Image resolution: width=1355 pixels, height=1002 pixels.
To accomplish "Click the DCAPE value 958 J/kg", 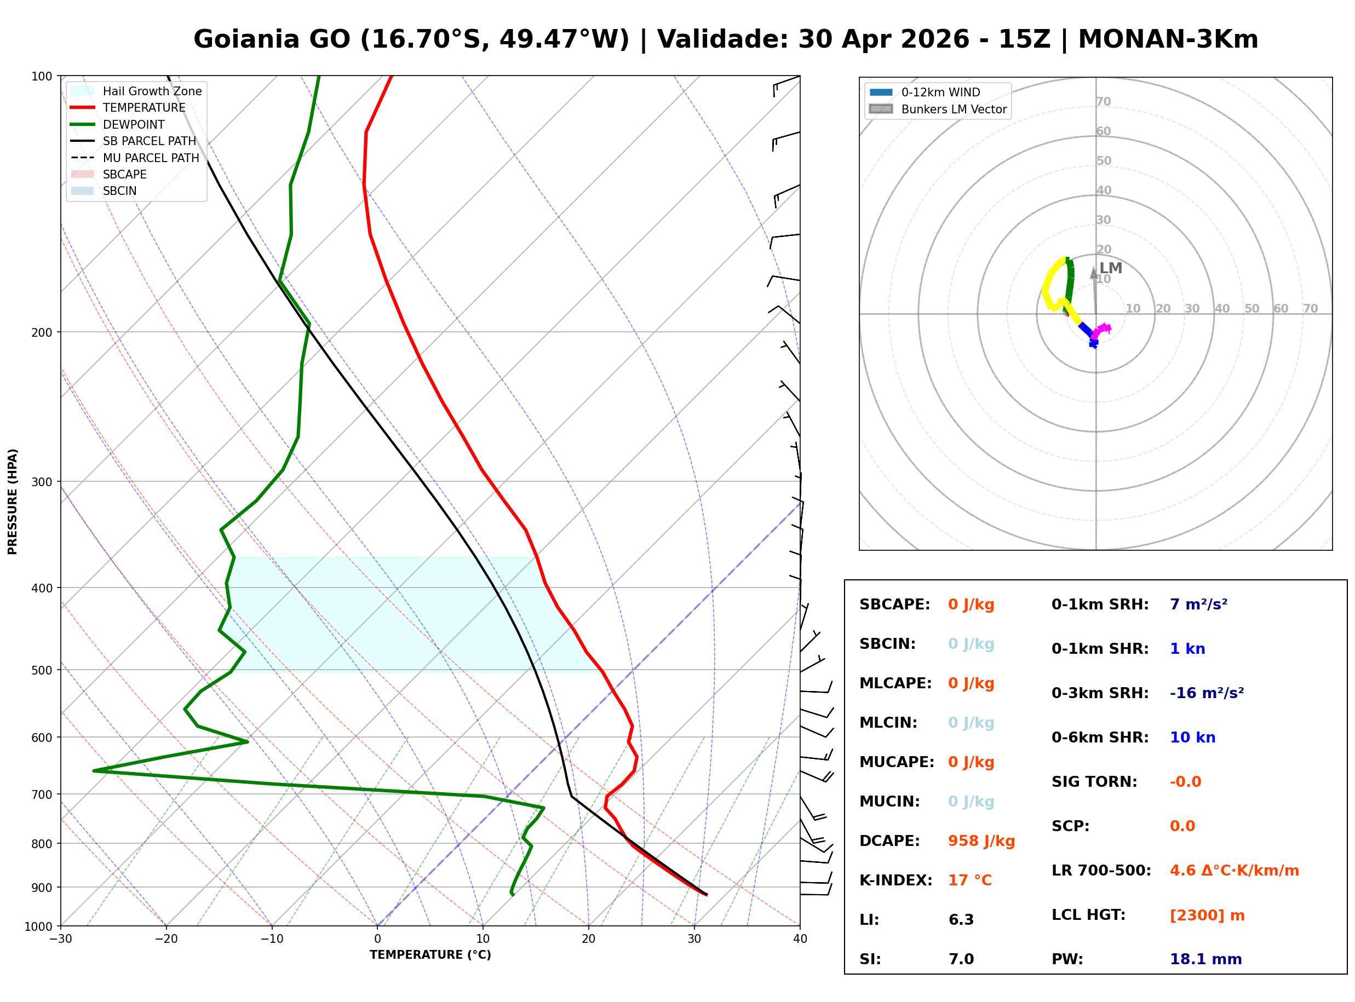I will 981,840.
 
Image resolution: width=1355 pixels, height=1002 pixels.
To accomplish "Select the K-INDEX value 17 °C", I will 969,880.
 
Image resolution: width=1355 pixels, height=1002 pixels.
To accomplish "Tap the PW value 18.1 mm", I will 1205,959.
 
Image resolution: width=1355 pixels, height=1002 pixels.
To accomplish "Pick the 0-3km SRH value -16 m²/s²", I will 1206,693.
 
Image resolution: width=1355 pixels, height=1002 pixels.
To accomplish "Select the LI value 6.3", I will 961,919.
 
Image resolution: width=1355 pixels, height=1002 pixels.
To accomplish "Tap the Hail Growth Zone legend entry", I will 152,91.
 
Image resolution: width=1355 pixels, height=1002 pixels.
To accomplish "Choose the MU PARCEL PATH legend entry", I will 151,158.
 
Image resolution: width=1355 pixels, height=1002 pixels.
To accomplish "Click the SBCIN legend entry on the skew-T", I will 119,191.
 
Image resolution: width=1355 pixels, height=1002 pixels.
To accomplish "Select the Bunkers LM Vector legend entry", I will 953,109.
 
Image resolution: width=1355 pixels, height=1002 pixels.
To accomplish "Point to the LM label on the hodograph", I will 1110,268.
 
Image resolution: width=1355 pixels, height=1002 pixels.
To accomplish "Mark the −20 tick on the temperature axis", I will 166,939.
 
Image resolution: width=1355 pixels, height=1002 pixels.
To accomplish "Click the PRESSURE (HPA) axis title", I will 13,501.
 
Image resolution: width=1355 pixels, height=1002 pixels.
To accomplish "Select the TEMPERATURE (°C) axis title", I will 430,955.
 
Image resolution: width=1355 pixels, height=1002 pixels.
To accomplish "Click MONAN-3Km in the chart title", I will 1168,39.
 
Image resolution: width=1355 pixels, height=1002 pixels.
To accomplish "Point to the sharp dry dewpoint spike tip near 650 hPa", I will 94,770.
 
